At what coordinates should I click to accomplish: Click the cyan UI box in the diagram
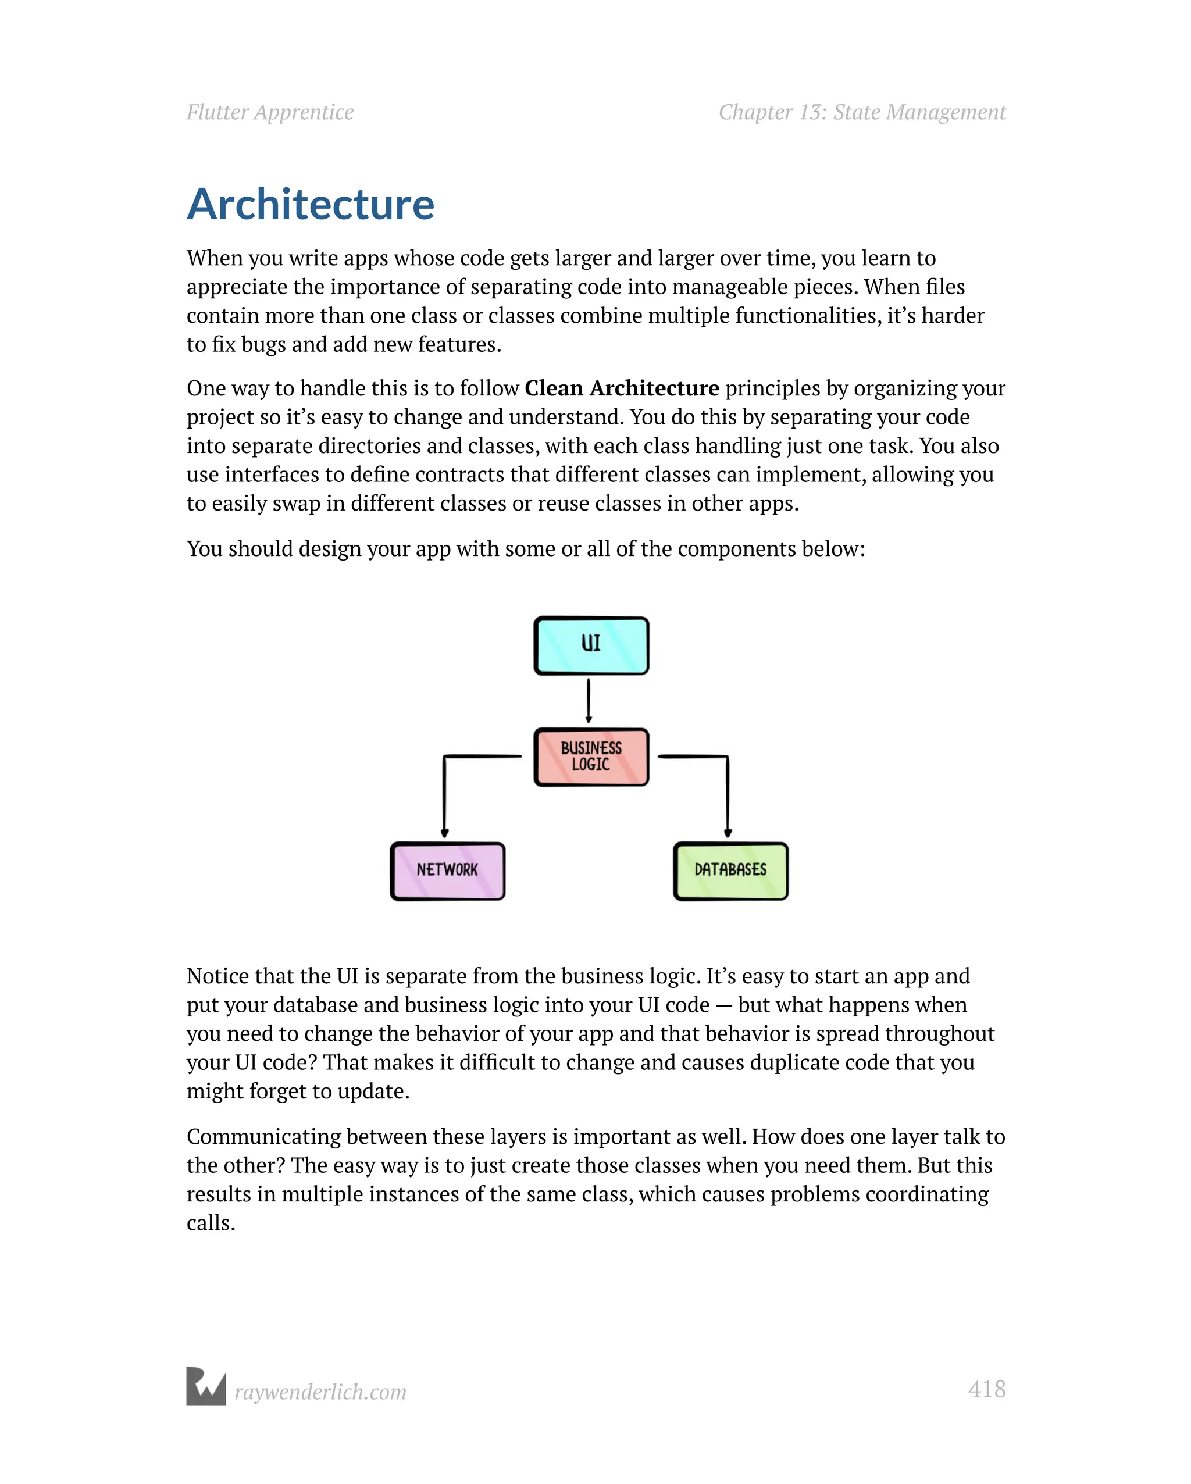591,645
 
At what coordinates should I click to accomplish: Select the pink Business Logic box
591,757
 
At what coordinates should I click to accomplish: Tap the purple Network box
447,871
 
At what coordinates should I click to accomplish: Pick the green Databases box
730,871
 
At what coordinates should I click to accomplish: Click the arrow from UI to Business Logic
589,701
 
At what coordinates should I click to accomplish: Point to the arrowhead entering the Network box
445,833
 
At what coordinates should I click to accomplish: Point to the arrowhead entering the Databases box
728,833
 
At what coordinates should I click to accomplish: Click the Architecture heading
311,205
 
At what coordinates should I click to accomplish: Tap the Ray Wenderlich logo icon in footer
206,1386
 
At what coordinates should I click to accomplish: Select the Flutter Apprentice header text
270,112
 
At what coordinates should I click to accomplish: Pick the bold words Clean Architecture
621,388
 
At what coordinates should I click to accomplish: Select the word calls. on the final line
211,1223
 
